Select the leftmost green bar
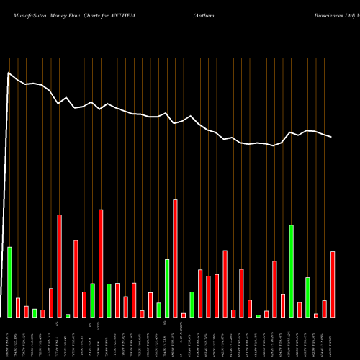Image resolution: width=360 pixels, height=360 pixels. pos(9,282)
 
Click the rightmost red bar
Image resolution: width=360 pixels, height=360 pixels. pos(333,284)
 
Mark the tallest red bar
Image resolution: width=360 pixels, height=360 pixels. pos(175,258)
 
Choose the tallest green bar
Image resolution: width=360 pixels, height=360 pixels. pos(291,271)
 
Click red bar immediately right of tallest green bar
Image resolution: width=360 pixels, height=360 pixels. pos(300,310)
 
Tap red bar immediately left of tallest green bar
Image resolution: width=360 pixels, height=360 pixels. pos(283,306)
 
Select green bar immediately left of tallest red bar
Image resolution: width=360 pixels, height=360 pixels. pos(167,288)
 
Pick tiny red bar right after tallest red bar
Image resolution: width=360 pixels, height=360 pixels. pos(184,315)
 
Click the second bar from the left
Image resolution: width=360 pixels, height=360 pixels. pos(18,307)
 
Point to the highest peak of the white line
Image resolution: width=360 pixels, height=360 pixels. pos(9,73)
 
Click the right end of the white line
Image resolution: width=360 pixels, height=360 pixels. pos(332,137)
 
